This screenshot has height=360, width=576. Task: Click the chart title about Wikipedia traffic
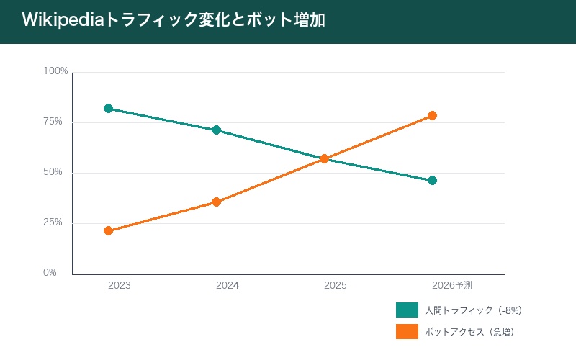173,20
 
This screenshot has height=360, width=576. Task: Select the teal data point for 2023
108,108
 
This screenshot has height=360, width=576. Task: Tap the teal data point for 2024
216,130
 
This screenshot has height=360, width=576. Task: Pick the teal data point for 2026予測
432,180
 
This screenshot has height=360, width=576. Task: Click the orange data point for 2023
108,231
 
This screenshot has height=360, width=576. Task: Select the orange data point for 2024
216,202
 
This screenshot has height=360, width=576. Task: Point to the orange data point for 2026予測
432,115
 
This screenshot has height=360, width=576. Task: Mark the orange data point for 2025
324,158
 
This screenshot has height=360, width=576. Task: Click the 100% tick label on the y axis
55,71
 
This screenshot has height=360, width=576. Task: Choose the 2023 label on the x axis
120,286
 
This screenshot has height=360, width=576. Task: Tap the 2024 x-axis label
228,286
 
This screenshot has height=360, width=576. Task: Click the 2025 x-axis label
336,286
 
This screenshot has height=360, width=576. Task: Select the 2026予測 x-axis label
452,286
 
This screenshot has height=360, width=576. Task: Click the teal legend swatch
407,310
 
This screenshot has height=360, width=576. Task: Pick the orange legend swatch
407,332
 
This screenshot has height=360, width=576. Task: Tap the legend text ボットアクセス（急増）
469,332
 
